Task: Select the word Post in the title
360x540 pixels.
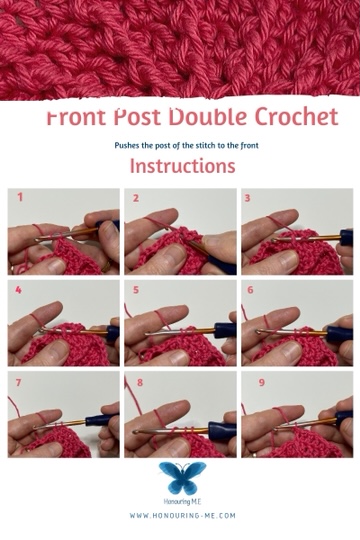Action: tap(137, 117)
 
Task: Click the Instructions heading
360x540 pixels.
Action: tap(183, 166)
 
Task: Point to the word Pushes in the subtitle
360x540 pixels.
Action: tap(127, 145)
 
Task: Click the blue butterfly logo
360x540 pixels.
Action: tap(183, 478)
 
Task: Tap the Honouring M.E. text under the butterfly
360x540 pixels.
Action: tap(183, 502)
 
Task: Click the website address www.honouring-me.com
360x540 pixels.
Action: tap(183, 516)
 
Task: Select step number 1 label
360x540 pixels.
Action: tap(20, 197)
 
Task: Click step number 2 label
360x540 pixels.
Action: tap(136, 198)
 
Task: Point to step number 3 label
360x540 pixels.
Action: tap(247, 198)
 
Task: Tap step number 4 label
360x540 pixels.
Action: tap(18, 290)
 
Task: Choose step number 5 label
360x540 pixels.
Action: tap(136, 290)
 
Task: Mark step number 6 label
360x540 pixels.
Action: tap(250, 290)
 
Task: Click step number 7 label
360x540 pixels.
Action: tap(18, 382)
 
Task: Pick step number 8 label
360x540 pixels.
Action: tap(140, 382)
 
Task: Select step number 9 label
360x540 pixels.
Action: tap(262, 382)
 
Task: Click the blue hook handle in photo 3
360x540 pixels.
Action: tap(346, 238)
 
